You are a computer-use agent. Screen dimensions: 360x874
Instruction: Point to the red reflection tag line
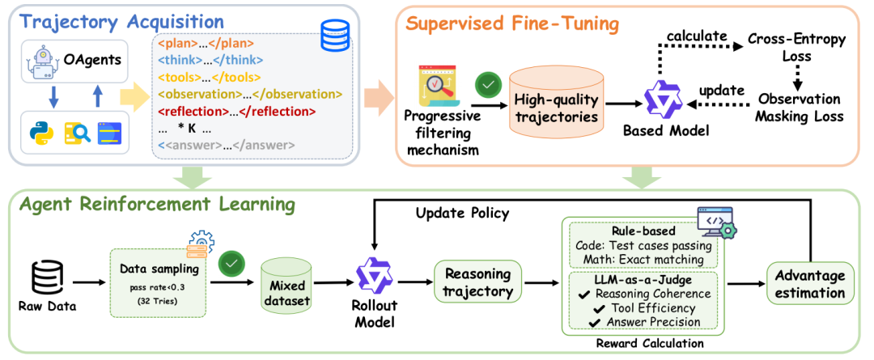point(237,112)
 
